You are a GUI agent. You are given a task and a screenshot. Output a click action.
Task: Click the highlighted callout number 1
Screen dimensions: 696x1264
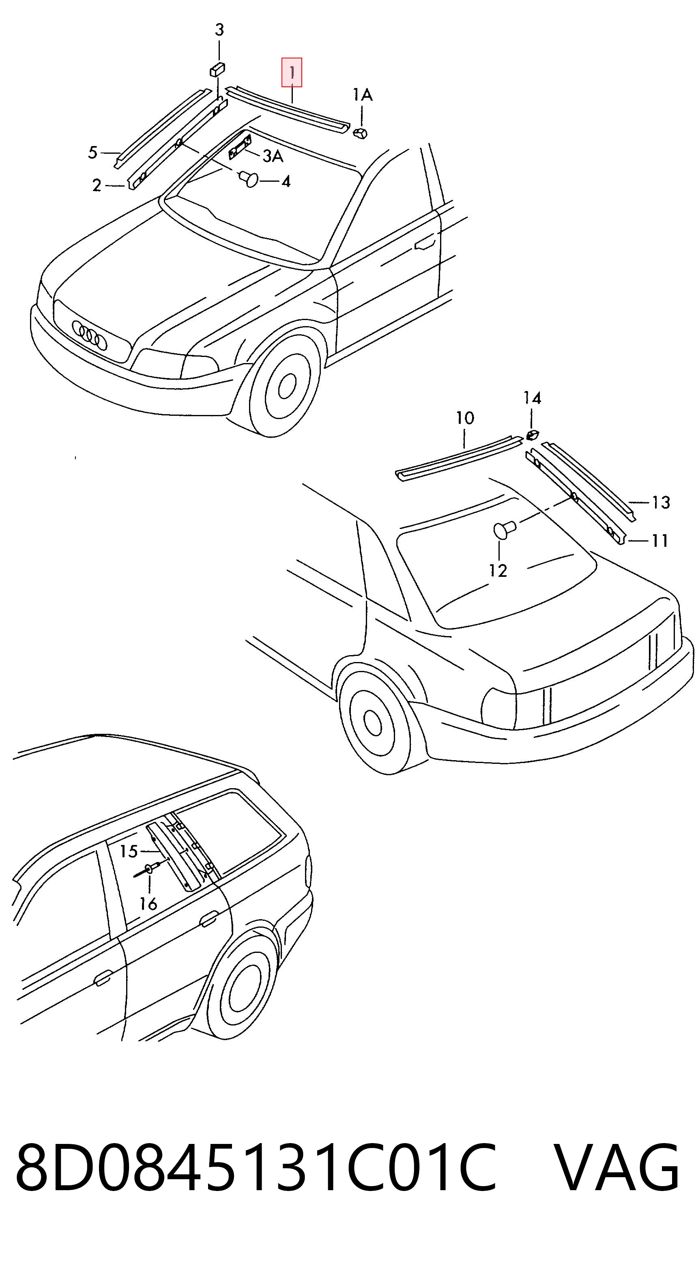[292, 73]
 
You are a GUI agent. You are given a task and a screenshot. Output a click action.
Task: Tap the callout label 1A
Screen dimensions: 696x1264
[363, 95]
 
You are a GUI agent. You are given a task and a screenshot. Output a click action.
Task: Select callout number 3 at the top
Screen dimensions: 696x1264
[219, 30]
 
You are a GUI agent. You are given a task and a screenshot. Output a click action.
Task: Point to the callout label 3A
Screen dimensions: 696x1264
[273, 156]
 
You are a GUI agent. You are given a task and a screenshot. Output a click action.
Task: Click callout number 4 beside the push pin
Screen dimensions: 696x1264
[286, 182]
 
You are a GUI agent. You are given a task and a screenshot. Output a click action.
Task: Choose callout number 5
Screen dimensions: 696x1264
[93, 153]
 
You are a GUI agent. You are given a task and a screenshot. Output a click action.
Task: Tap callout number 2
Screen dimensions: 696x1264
[97, 185]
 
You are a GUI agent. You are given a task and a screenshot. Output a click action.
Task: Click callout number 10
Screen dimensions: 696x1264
[465, 418]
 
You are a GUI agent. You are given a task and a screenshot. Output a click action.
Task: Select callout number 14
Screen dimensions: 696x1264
[532, 398]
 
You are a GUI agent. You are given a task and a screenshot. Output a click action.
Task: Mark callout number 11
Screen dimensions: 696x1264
[660, 541]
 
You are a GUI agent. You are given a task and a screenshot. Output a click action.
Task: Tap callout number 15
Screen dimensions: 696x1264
[129, 851]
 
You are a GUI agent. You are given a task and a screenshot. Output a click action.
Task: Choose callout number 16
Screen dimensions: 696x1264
[148, 903]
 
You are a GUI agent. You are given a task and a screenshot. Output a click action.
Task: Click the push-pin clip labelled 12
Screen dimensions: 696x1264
[504, 530]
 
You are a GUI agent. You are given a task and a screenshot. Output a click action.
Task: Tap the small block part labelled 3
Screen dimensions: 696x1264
[217, 70]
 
